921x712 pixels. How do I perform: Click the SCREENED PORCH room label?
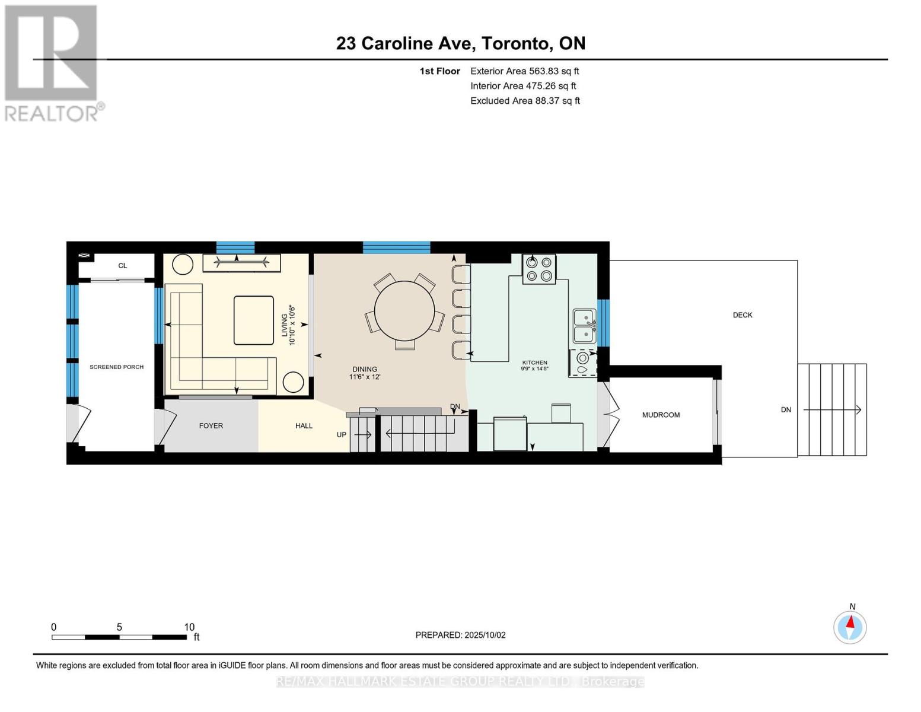click(117, 367)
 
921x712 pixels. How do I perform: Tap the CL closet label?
click(123, 266)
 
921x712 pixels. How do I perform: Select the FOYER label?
click(211, 426)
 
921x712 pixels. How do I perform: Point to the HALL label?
click(304, 426)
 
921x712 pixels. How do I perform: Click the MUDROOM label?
click(661, 415)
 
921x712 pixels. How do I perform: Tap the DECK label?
click(742, 315)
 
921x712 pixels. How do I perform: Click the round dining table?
click(404, 310)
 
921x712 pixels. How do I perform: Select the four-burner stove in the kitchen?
click(538, 269)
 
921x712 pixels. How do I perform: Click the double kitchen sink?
click(585, 326)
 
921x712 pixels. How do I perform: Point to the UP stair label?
click(342, 435)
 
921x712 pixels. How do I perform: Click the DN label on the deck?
click(786, 409)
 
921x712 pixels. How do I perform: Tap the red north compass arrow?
click(850, 621)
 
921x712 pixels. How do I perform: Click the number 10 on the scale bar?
click(189, 627)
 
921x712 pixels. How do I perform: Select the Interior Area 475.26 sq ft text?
click(523, 86)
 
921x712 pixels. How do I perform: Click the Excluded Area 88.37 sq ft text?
click(525, 101)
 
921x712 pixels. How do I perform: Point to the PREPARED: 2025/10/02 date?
click(460, 635)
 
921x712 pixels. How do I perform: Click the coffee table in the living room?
click(253, 320)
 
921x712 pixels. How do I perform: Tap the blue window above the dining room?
click(396, 247)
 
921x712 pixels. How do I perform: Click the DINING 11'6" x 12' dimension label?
click(365, 373)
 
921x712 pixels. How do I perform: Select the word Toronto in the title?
click(515, 44)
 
